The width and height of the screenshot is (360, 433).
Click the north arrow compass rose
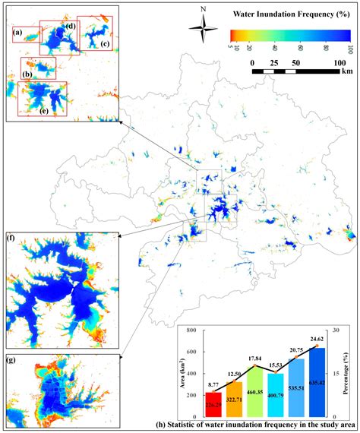pyautogui.click(x=203, y=33)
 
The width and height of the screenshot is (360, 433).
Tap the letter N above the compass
pyautogui.click(x=203, y=10)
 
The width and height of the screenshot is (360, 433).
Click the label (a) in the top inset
pyautogui.click(x=17, y=32)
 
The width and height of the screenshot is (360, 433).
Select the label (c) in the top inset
pyautogui.click(x=105, y=43)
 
